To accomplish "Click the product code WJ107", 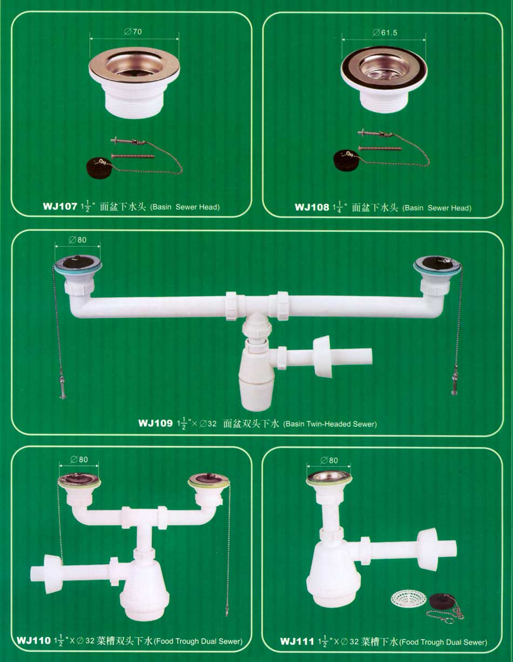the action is [x=60, y=206].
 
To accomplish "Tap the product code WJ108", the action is [x=312, y=208].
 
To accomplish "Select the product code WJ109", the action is [x=155, y=423].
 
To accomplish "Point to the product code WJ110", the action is [x=33, y=640].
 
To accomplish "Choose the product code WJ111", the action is [x=297, y=641].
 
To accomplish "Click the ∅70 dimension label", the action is [x=133, y=31].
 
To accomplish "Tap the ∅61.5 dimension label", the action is [x=385, y=32].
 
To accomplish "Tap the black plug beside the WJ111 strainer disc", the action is [x=442, y=600].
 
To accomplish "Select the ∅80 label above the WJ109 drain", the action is [x=78, y=240].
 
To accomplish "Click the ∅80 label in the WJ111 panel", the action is [x=329, y=460].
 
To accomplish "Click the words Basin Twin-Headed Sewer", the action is [x=330, y=424].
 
